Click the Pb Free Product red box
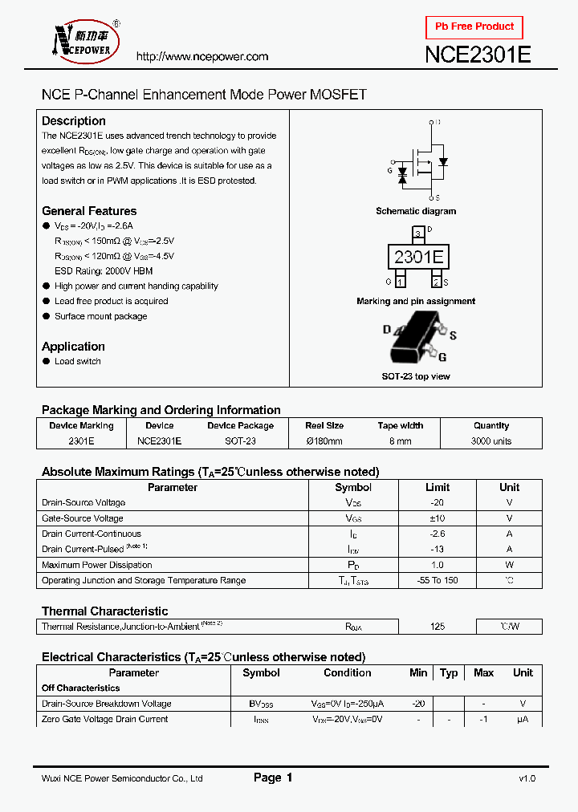(x=474, y=27)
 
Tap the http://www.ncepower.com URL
(x=202, y=57)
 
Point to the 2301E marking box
(x=417, y=258)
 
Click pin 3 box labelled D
(x=417, y=233)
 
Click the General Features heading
(x=89, y=211)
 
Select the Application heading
(x=73, y=347)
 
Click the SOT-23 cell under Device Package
(x=240, y=441)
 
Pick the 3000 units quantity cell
(x=491, y=441)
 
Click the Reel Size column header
(x=324, y=426)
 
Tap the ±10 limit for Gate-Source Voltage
(x=437, y=518)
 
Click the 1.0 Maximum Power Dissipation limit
(x=437, y=565)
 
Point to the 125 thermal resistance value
(x=437, y=627)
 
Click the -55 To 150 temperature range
(x=437, y=580)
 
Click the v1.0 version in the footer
(x=527, y=778)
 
